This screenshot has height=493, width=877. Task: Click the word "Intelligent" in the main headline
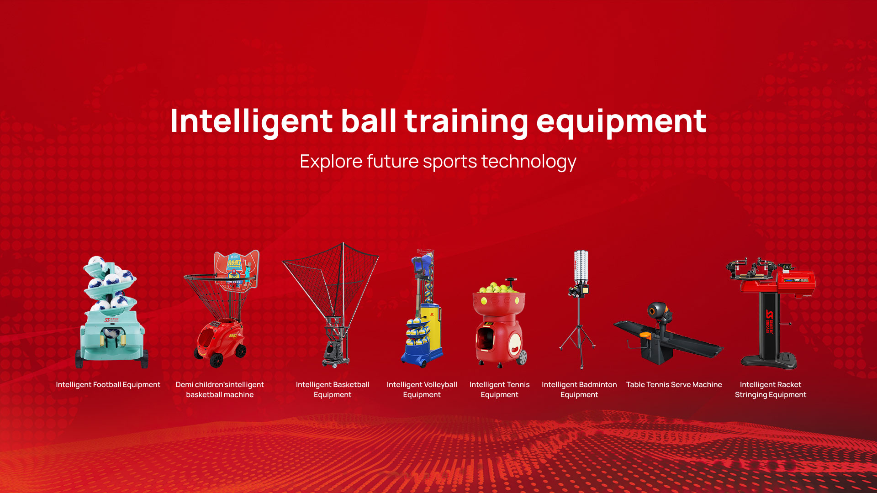251,121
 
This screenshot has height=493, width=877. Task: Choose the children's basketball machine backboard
237,269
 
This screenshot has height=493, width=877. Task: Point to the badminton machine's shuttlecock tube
581,267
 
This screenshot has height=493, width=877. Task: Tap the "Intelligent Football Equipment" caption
108,385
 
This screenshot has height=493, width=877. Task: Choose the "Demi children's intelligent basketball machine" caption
220,390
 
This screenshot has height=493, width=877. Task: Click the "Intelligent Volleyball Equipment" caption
422,390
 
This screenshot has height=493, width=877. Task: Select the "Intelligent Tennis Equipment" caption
499,390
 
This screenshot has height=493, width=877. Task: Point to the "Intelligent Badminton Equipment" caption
579,390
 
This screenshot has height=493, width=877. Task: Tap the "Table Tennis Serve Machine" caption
674,385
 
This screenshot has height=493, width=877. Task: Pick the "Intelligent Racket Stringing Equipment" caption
771,390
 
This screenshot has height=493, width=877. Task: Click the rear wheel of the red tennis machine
522,357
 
